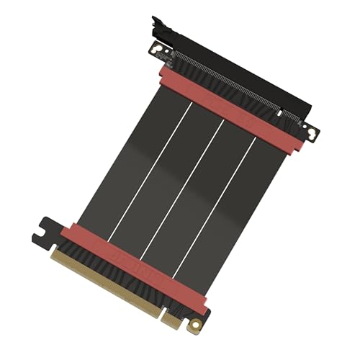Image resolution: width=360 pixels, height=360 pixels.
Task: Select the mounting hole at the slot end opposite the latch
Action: [310, 134]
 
